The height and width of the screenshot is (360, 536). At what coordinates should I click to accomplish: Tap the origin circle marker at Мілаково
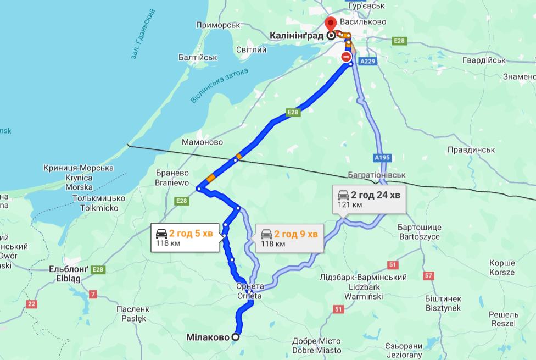pyautogui.click(x=236, y=337)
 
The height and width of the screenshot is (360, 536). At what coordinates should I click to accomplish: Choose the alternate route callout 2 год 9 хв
pyautogui.click(x=289, y=237)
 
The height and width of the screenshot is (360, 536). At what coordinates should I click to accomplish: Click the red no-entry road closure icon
pyautogui.click(x=346, y=57)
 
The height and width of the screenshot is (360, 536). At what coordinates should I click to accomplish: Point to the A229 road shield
pyautogui.click(x=367, y=62)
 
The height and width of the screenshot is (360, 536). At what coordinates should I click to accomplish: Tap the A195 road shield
pyautogui.click(x=382, y=158)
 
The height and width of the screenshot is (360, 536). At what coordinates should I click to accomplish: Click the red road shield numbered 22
pyautogui.click(x=32, y=304)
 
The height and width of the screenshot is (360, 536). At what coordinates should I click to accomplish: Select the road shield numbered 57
pyautogui.click(x=429, y=275)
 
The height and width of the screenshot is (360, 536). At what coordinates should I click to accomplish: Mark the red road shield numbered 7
pyautogui.click(x=93, y=295)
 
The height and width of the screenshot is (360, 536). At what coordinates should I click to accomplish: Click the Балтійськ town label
pyautogui.click(x=198, y=57)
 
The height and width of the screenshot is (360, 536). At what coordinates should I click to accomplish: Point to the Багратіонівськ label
pyautogui.click(x=376, y=175)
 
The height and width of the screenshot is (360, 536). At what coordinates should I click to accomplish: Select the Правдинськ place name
pyautogui.click(x=471, y=149)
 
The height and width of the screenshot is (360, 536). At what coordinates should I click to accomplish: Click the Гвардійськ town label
pyautogui.click(x=483, y=60)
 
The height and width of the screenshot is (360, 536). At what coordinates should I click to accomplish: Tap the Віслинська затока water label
pyautogui.click(x=220, y=86)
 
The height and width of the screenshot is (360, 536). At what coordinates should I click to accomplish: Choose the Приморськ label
pyautogui.click(x=219, y=25)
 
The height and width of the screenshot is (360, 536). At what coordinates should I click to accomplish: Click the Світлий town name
pyautogui.click(x=251, y=49)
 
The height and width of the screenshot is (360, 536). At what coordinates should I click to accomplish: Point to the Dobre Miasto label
pyautogui.click(x=317, y=350)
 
